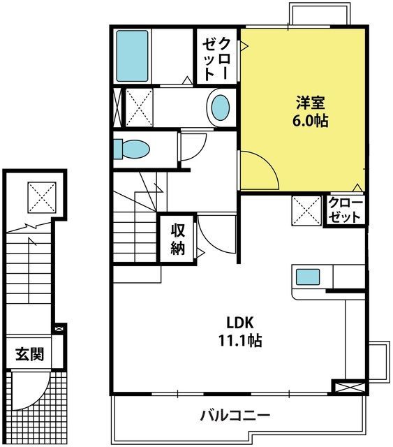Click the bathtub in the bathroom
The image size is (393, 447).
click(x=132, y=56)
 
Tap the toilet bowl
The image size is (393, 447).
click(x=131, y=149)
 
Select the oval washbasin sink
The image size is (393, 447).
click(x=221, y=108)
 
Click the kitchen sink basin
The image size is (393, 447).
click(x=308, y=277)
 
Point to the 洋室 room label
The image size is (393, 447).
click(x=310, y=103)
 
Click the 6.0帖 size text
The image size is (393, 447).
click(x=310, y=121)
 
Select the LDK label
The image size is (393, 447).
click(x=240, y=323)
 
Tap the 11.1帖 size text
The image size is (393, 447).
click(x=240, y=340)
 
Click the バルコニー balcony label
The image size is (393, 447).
click(x=235, y=416)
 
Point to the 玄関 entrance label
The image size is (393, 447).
click(x=29, y=354)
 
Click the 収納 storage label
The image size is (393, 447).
click(x=178, y=239)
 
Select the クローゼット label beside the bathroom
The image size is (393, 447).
click(x=216, y=59)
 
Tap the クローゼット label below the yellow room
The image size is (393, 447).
click(x=346, y=210)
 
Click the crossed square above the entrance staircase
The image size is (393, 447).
click(x=42, y=197)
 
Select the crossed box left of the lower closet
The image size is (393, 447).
click(x=306, y=211)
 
